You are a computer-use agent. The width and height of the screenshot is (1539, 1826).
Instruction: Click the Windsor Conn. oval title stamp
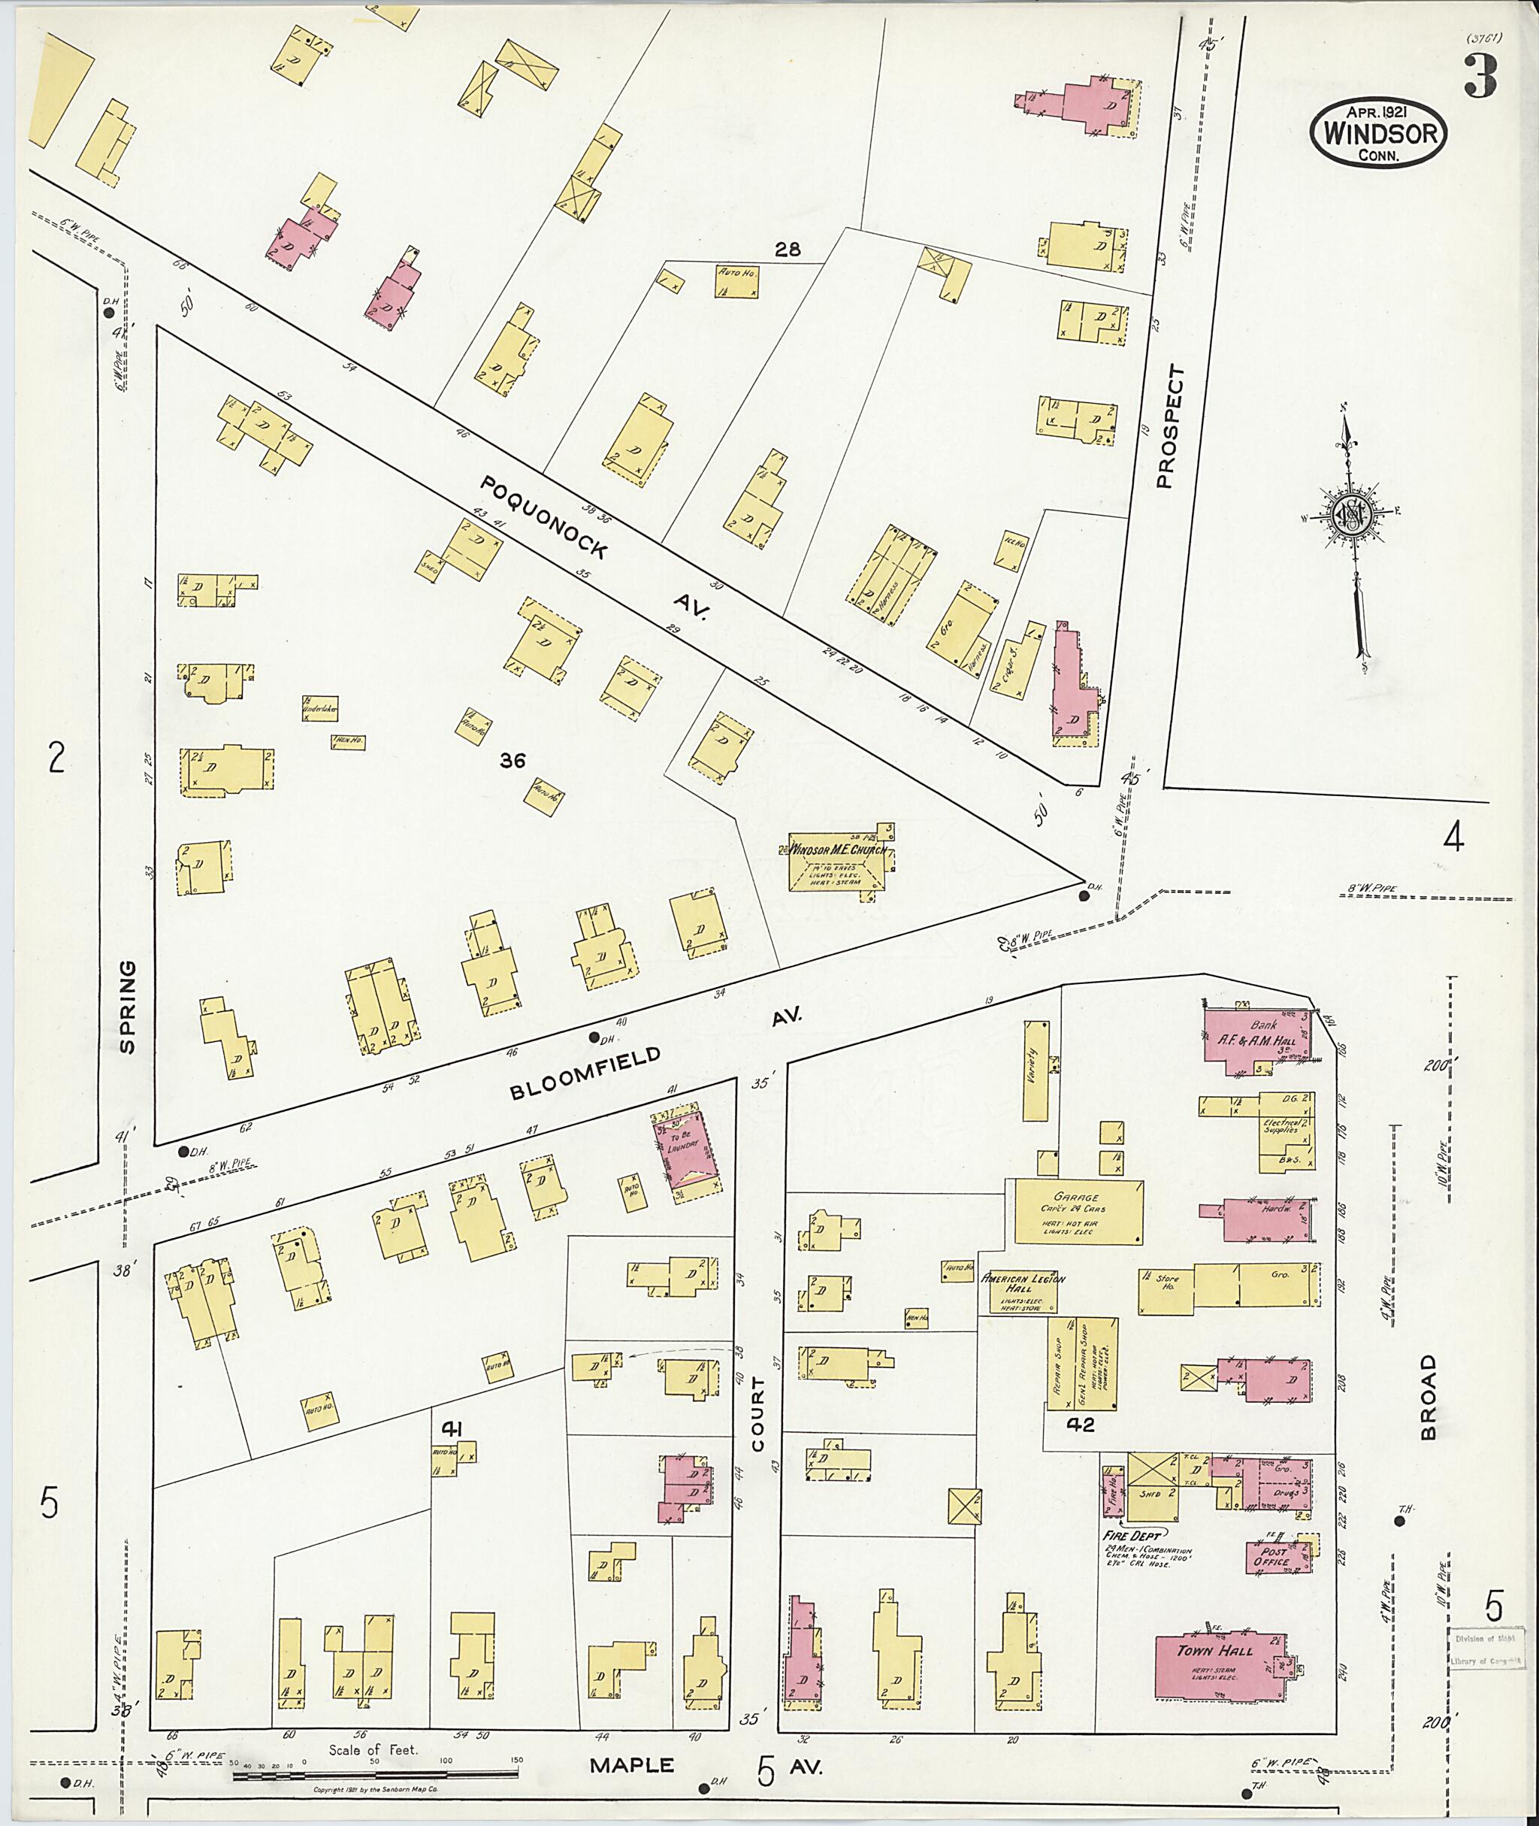tap(1378, 132)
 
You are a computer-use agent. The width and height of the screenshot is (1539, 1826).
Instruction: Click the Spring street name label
tap(128, 1007)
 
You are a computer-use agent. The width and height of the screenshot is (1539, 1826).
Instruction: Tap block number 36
tap(512, 761)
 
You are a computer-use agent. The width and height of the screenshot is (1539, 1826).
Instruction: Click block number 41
tap(451, 1430)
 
